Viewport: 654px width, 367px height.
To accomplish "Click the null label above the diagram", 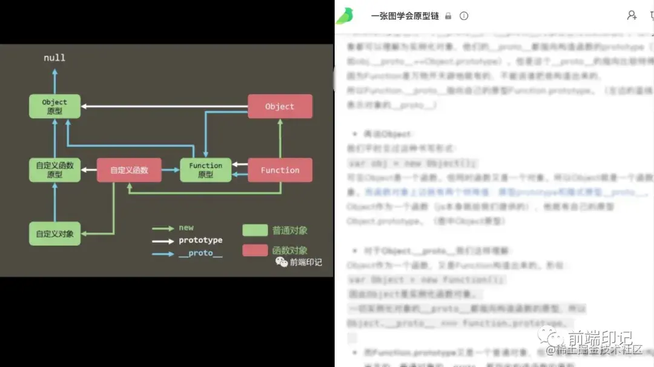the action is [x=54, y=58].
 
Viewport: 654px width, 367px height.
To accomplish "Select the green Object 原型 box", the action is [x=54, y=106].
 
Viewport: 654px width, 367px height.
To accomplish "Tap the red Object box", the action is [x=280, y=106].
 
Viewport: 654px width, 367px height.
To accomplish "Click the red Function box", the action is [x=280, y=170].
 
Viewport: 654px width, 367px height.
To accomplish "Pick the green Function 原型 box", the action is [x=206, y=170].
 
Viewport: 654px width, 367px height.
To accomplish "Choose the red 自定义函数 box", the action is [x=129, y=170].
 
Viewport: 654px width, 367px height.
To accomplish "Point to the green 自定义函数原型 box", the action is [x=54, y=170].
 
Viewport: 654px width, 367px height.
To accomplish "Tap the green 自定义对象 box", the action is [x=54, y=234].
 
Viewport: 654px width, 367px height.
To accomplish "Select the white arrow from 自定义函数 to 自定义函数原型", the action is [x=89, y=170].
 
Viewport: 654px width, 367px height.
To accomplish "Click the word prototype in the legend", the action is [x=200, y=240].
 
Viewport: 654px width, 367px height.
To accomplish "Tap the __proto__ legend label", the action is [x=200, y=253].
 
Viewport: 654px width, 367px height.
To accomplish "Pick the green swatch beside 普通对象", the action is [x=255, y=230].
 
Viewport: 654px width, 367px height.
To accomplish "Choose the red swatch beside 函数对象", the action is [x=255, y=250].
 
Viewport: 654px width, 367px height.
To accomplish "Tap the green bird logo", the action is [x=345, y=16].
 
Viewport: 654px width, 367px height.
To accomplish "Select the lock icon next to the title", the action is [x=448, y=16].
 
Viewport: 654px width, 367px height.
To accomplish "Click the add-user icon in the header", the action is [x=632, y=16].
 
